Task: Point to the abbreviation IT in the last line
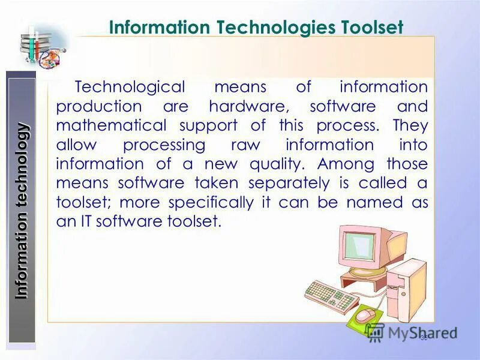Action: click(x=85, y=221)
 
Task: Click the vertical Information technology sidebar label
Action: click(x=22, y=210)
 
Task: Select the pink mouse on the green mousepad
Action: click(x=365, y=314)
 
